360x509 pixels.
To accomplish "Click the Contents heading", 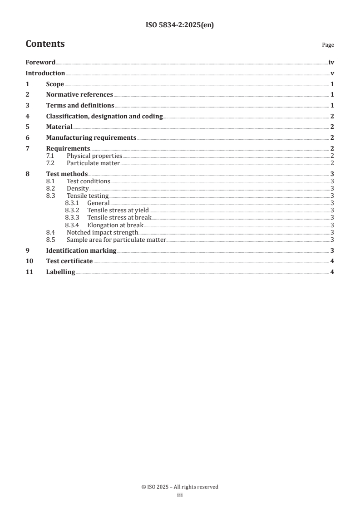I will pyautogui.click(x=45, y=44).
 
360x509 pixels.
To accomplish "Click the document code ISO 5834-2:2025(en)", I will pyautogui.click(x=180, y=25).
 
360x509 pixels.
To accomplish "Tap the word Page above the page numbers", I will pyautogui.click(x=328, y=45).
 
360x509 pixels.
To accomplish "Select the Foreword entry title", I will pyautogui.click(x=40, y=63).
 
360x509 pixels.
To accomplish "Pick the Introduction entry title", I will pyautogui.click(x=45, y=73).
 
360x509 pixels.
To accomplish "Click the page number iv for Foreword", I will pyautogui.click(x=331, y=63).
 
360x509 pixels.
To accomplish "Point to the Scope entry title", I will pyautogui.click(x=55, y=84).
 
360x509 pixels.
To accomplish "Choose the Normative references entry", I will pyautogui.click(x=79, y=94).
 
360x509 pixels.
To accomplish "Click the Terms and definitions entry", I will pyautogui.click(x=80, y=105).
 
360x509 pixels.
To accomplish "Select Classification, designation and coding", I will pyautogui.click(x=104, y=116).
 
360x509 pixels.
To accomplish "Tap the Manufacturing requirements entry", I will pyautogui.click(x=91, y=138).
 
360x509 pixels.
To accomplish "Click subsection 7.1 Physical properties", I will pyautogui.click(x=94, y=156).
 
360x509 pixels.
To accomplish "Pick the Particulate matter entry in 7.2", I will pyautogui.click(x=93, y=163).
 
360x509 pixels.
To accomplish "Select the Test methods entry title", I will pyautogui.click(x=67, y=174).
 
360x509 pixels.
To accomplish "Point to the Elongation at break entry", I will pyautogui.click(x=115, y=225).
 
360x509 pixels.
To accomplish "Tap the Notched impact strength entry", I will pyautogui.click(x=102, y=232).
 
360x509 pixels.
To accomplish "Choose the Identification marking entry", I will pyautogui.click(x=81, y=250).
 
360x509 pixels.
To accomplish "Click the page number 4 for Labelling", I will pyautogui.click(x=332, y=272).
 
